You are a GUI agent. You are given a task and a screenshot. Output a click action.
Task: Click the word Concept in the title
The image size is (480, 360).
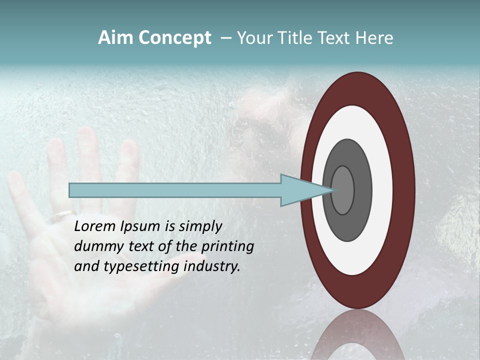pos(174,38)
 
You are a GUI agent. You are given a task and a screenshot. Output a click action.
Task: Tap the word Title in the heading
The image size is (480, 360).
pos(300,38)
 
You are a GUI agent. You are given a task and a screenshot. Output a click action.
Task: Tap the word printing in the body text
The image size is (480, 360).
pos(227,246)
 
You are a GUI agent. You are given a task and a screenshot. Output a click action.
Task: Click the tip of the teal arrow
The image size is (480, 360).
pos(332,190)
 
